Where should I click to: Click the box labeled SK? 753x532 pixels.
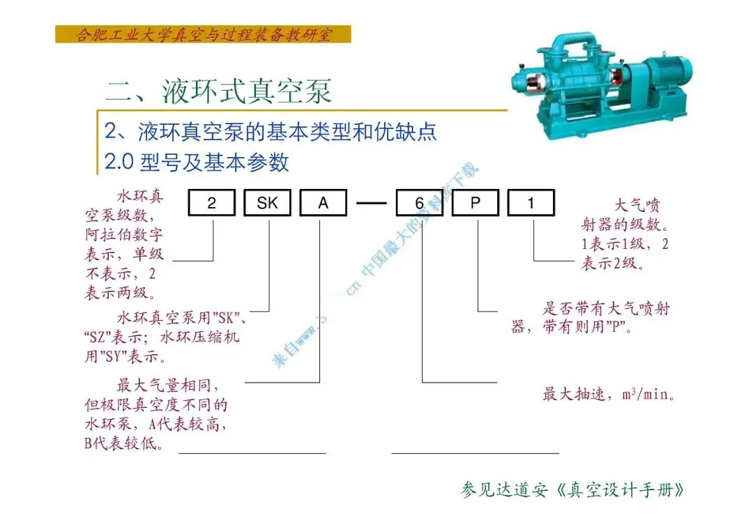point(267,203)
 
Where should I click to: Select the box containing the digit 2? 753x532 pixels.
point(211,203)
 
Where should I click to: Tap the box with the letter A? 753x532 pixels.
point(323,203)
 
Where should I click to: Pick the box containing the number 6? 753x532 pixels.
point(419,203)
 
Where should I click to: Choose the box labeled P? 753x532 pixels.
point(475,203)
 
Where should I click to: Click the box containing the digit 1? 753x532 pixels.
point(531,203)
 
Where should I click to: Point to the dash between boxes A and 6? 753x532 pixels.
point(371,204)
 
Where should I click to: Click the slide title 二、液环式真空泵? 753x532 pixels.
point(218,91)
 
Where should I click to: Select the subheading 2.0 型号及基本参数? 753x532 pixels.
point(196,162)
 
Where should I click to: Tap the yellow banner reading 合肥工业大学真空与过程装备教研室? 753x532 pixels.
point(203,34)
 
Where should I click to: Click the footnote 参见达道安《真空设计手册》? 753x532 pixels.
point(572,489)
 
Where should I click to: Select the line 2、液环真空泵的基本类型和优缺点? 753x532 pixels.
point(271,131)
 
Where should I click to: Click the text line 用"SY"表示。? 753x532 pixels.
point(125,357)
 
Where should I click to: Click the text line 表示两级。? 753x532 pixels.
point(120,293)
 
